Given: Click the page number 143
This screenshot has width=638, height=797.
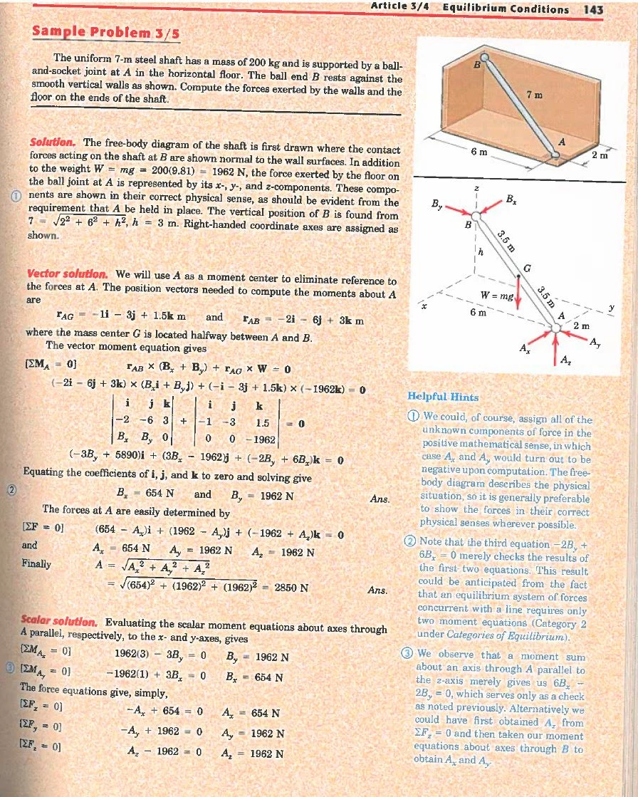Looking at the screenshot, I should click(592, 9).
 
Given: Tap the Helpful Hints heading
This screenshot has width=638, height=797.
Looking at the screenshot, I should click(443, 396).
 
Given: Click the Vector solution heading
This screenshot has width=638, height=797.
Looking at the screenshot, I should click(68, 274).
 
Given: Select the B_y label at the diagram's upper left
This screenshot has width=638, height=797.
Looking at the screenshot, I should click(439, 204).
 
